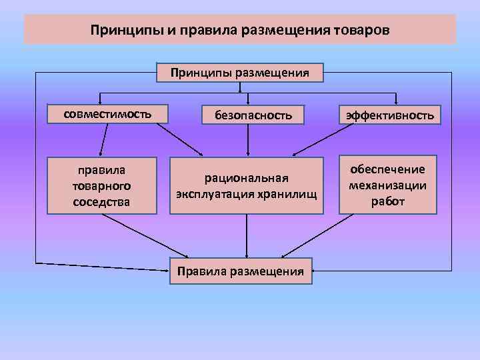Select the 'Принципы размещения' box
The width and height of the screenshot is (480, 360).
coord(239,72)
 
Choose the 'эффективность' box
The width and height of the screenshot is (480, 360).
coord(389,115)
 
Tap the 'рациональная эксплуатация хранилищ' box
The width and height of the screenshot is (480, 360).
coord(246,186)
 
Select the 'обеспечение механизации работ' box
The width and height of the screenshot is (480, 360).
coord(388,185)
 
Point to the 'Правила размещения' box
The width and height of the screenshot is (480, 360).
coord(240,271)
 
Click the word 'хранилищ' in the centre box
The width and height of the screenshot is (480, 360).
coord(285,194)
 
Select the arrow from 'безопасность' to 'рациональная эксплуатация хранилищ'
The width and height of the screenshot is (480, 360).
coord(249,140)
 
